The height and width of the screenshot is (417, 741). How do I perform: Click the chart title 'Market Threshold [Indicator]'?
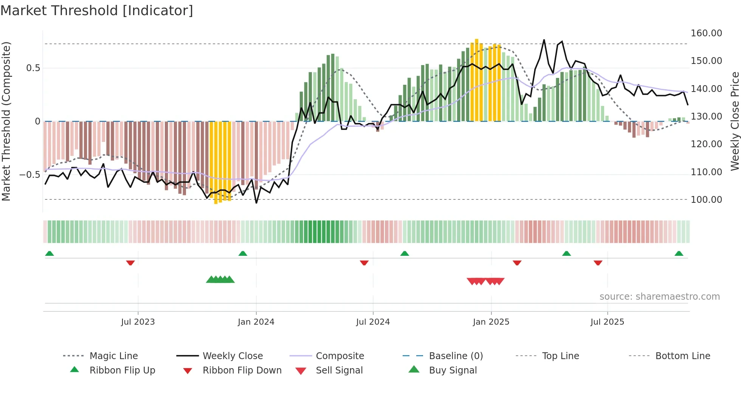[97, 11]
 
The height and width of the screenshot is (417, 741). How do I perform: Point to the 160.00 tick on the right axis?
[706, 33]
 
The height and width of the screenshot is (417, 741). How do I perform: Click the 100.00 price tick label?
[706, 200]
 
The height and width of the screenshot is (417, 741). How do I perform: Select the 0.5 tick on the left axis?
[33, 68]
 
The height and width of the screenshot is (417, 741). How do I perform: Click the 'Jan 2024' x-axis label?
[256, 322]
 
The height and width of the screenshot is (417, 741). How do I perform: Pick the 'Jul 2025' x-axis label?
[607, 322]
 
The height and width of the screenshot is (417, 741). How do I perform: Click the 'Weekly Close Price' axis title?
[735, 121]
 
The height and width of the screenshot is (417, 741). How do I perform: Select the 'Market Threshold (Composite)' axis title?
[6, 121]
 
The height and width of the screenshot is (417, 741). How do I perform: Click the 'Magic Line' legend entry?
[113, 356]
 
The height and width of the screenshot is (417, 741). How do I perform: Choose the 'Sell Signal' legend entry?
[339, 370]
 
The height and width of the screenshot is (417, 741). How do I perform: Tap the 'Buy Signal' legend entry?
[453, 370]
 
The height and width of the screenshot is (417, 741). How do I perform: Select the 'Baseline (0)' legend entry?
[456, 356]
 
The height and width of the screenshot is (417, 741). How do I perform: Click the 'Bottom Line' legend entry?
[682, 356]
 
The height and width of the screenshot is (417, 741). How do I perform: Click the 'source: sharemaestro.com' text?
[659, 297]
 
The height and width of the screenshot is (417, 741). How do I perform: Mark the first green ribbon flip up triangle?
[50, 254]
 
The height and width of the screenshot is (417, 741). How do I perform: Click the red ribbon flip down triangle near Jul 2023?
[130, 263]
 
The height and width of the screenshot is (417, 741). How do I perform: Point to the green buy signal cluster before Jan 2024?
[220, 280]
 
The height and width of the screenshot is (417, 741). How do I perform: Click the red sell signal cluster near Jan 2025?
[485, 281]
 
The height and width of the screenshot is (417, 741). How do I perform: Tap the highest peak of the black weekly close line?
[544, 40]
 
